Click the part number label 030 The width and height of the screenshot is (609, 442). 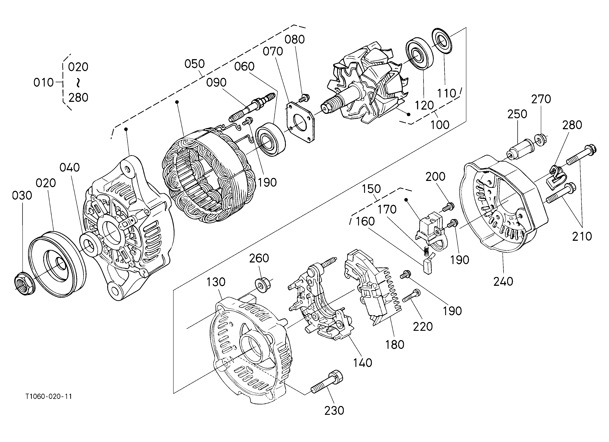pos(22,196)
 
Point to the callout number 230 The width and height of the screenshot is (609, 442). pos(334,411)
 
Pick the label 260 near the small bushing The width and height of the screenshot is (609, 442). pos(259,258)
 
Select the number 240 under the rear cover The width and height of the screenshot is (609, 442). pos(503,282)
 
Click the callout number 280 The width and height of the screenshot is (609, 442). pos(572,125)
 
